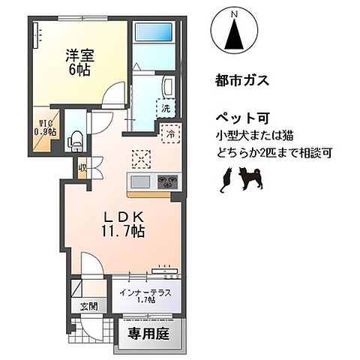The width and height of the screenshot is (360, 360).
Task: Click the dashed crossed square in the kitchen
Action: pos(139,159)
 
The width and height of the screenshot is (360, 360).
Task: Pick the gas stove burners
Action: pos(166,182)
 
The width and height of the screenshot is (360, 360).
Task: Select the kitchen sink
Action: pos(140,182)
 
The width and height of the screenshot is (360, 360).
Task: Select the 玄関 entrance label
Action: pos(88,307)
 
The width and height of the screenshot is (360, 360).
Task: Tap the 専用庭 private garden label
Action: pos(148,331)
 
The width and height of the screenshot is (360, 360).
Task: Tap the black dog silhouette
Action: pos(249,178)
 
